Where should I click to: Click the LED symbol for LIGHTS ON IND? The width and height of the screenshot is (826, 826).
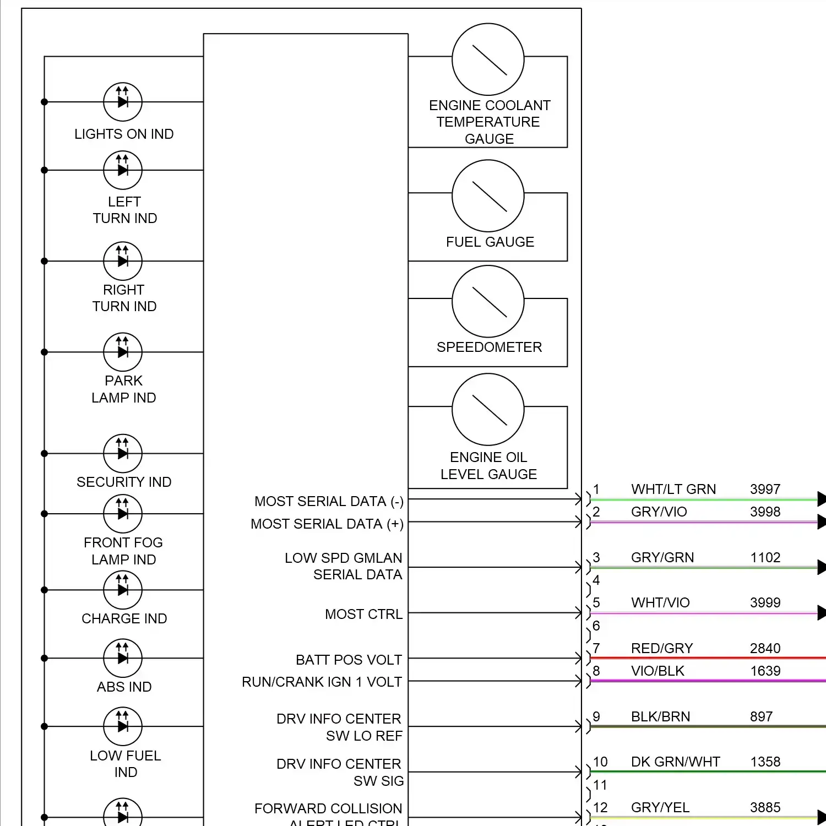[123, 102]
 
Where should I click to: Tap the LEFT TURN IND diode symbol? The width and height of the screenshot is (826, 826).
[123, 170]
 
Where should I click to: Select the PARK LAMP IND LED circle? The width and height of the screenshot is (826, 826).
[123, 352]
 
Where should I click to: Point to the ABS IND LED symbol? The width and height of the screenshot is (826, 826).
[123, 658]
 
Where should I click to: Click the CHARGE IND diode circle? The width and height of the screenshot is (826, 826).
[123, 590]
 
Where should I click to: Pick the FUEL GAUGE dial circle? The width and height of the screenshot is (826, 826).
[488, 195]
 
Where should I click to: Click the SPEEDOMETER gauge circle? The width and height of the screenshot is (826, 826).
[488, 301]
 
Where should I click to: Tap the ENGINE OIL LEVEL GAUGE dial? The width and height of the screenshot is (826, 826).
[488, 409]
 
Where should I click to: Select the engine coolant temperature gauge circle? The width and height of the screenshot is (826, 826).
[488, 59]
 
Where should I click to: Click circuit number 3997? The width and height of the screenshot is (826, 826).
[765, 489]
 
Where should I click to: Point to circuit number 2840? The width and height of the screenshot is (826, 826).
[765, 648]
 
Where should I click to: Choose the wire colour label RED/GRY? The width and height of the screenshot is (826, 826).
[662, 648]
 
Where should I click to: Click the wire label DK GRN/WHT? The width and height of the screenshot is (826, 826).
[675, 762]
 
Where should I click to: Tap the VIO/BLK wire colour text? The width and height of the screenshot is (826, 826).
[657, 671]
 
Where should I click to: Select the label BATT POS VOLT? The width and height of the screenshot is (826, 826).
[349, 660]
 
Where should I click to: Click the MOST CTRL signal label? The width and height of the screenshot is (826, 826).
[363, 614]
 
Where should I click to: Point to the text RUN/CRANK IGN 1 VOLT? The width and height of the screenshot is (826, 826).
[322, 682]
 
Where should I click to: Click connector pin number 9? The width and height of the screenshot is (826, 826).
[596, 716]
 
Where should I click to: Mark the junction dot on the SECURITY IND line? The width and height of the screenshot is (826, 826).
[45, 454]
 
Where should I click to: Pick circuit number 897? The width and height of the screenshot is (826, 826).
[761, 716]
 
